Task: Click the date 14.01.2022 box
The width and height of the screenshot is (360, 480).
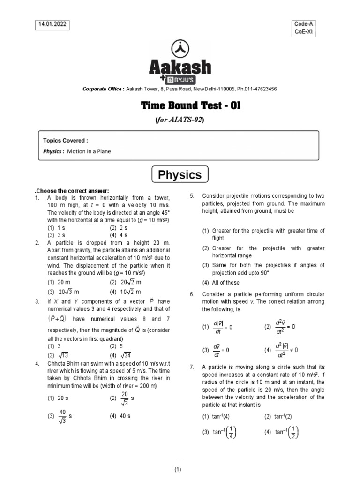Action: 50,25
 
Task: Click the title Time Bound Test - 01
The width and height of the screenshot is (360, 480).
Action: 180,106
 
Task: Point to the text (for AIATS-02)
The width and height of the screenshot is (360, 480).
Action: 180,119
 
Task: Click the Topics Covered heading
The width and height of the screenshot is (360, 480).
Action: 65,140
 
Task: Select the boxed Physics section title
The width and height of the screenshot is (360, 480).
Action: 180,175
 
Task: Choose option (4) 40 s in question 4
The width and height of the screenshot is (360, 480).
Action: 120,415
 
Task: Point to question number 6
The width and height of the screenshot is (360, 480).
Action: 192,294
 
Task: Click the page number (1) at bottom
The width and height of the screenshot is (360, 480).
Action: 178,469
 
